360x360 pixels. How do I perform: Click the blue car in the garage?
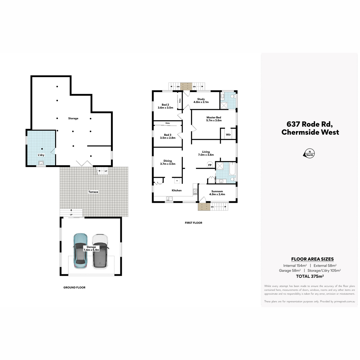coord(80,251)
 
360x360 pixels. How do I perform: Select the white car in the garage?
coord(100,251)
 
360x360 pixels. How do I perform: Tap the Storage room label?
coord(73,118)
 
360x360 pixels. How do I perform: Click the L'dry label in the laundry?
coord(41,155)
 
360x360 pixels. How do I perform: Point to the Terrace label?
coord(93,192)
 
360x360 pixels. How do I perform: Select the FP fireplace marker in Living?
coord(210,165)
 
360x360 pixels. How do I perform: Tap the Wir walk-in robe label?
coord(228,134)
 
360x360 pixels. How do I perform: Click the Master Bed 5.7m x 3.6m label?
coord(214,119)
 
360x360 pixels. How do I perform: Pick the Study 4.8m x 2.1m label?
coord(201,100)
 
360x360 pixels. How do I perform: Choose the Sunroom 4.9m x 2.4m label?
coord(217,193)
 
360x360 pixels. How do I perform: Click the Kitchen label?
coord(176,190)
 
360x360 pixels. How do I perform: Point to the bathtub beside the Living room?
coord(232,169)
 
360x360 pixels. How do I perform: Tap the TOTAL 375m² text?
coord(310,276)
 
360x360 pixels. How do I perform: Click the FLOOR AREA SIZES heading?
coord(312,259)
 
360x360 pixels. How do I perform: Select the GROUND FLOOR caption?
coord(74,287)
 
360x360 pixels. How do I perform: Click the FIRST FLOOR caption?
coord(193,223)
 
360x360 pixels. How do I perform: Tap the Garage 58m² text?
coord(290,271)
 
